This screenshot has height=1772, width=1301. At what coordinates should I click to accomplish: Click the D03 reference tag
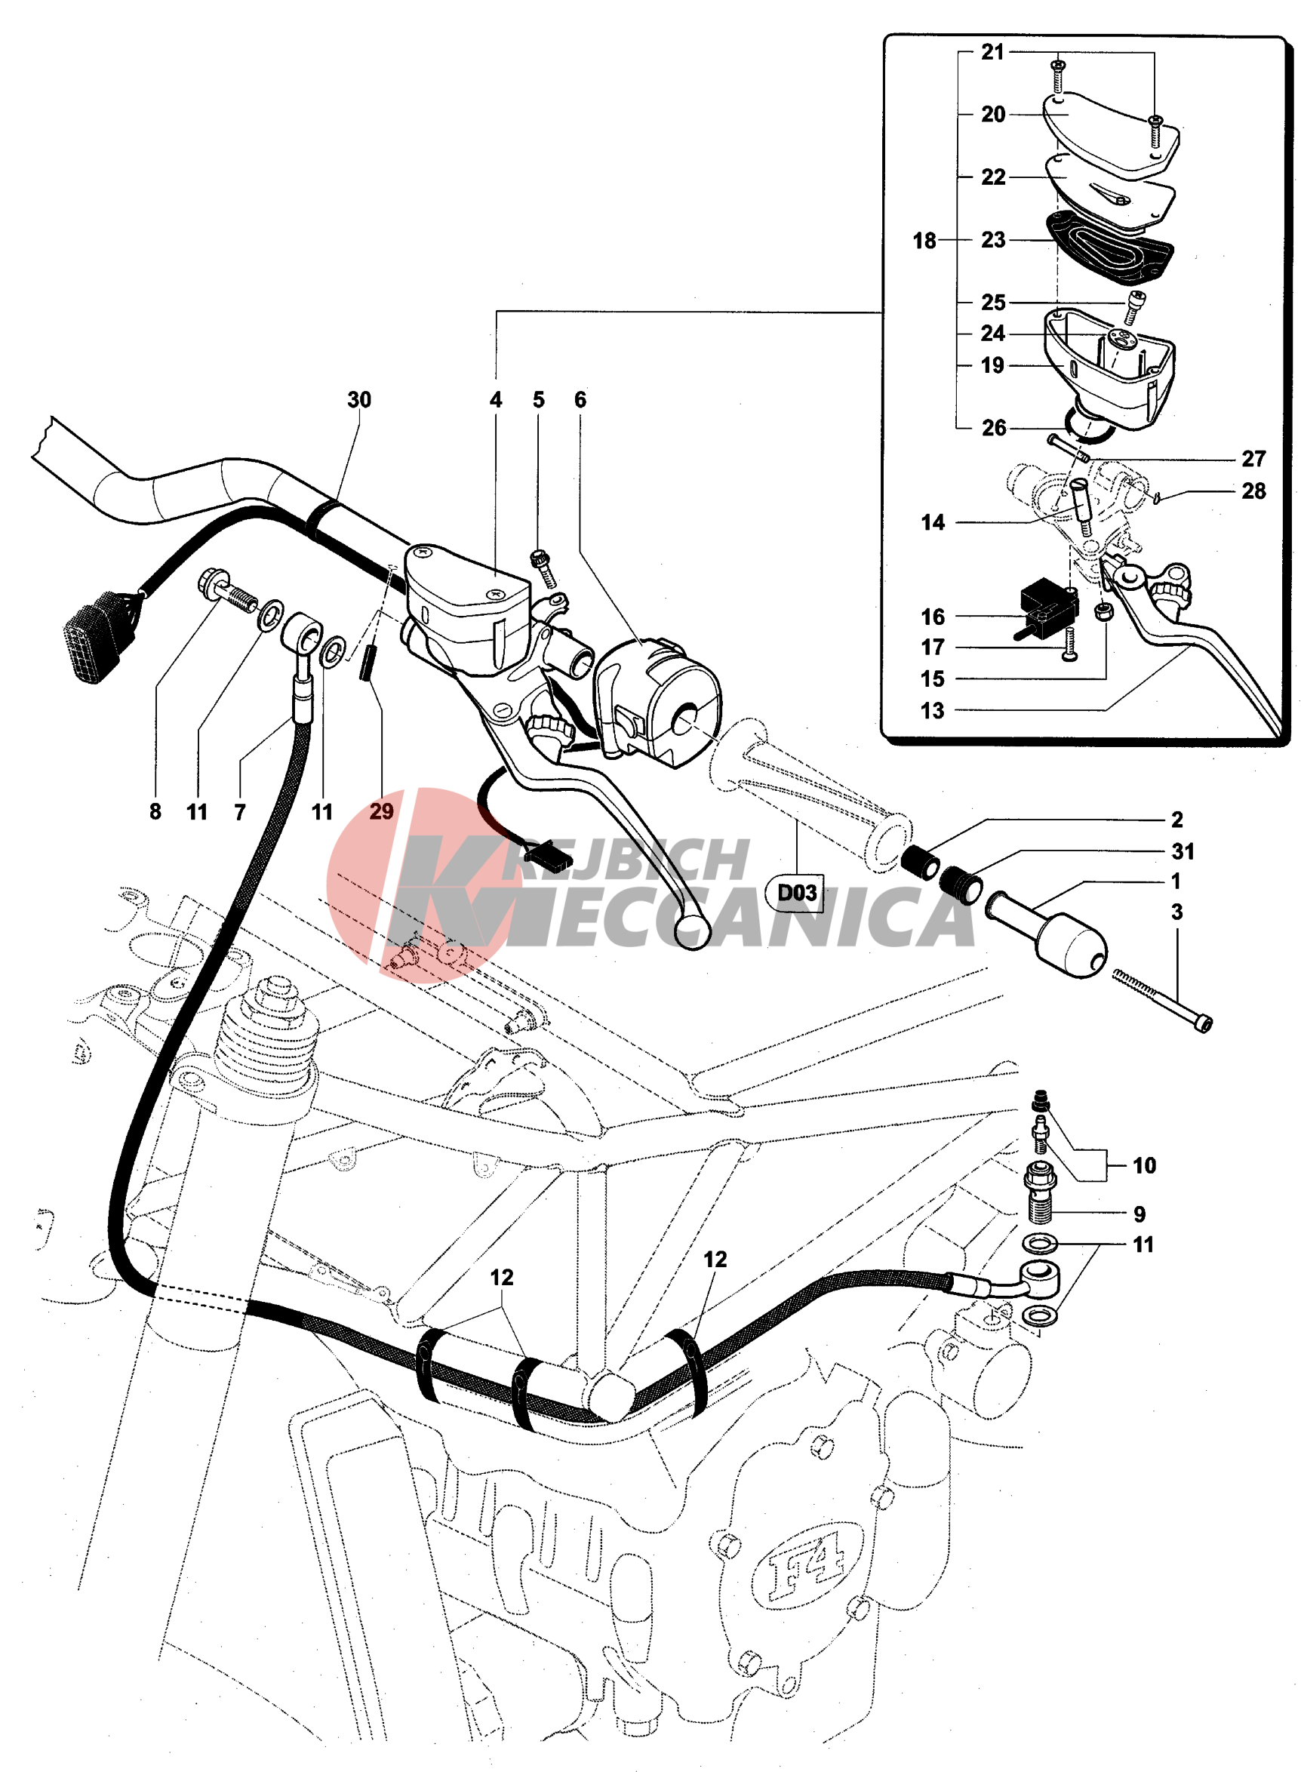pos(796,892)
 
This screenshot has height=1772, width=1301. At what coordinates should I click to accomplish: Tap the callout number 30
pos(359,400)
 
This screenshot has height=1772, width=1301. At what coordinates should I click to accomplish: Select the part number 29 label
pos(381,811)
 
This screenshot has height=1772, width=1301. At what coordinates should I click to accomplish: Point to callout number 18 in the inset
pos(924,240)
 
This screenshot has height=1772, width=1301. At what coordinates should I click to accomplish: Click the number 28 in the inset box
pos(1253,491)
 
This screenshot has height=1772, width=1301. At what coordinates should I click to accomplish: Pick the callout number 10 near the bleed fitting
pos(1143,1165)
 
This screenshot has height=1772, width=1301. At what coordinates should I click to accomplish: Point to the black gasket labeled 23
pos(1110,248)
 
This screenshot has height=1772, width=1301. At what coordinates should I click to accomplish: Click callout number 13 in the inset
pos(933,710)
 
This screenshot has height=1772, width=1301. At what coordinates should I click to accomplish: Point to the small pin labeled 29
pos(368,663)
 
